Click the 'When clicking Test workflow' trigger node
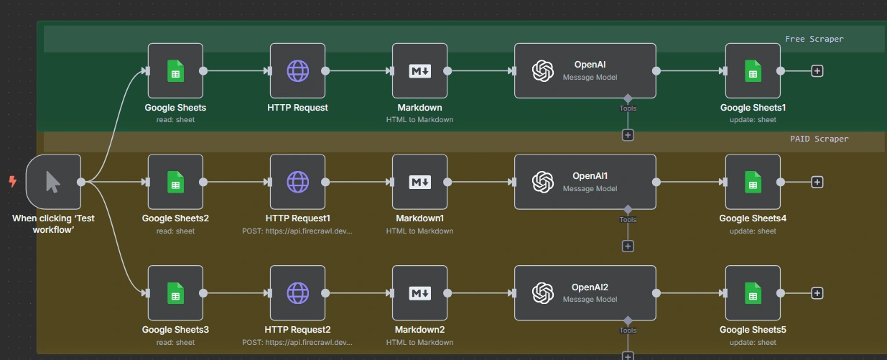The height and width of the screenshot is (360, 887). pos(53,182)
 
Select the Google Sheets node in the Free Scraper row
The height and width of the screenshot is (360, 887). pos(175,70)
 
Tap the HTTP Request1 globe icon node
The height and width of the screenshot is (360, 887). pos(297,182)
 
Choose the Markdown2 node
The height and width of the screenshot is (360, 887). pos(419,293)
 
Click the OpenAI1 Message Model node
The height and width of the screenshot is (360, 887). pos(585,182)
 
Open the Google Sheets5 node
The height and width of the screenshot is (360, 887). pos(753,293)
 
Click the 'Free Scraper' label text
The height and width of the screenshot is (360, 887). pos(814,39)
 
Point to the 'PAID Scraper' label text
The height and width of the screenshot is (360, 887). pos(814,139)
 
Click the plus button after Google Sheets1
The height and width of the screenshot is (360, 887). pos(817,70)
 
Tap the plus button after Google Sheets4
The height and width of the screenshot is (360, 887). pos(817,182)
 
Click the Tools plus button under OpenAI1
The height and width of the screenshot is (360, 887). pos(628,246)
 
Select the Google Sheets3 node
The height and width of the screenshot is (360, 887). pos(175,293)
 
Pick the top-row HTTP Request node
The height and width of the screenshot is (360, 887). pos(297,70)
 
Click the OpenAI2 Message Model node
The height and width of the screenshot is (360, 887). pos(585,293)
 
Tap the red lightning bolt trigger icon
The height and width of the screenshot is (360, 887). pos(12,182)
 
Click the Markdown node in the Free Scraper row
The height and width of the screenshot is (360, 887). pos(419,70)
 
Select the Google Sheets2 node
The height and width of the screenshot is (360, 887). pos(175,182)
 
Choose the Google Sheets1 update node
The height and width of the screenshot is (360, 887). pos(753,70)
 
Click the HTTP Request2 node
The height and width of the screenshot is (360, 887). pos(297,293)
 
